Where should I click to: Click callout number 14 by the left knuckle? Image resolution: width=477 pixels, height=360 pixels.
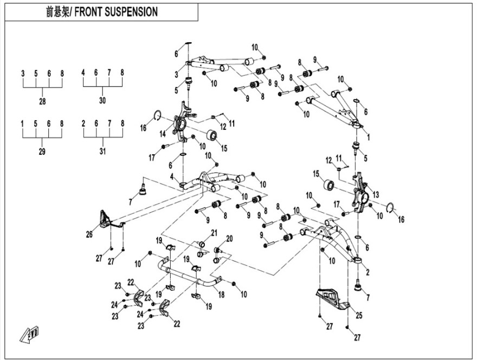[x=163, y=134]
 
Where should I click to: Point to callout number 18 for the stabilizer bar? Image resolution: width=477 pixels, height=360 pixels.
[x=221, y=294]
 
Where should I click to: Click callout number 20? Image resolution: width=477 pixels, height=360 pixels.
[x=229, y=238]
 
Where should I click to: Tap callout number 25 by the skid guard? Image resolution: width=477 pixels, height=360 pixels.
[x=358, y=314]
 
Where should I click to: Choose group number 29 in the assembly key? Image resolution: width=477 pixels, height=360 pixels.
[x=42, y=152]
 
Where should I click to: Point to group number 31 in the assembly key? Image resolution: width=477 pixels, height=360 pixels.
[x=102, y=152]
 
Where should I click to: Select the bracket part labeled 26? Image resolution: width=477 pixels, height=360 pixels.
[x=106, y=219]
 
